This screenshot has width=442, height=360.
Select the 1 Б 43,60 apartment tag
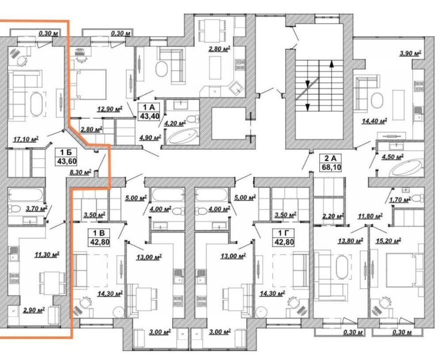(66, 157)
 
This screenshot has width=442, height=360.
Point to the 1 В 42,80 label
(99, 237)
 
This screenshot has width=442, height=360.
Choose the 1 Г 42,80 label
(284, 237)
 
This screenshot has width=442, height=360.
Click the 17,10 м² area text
(26, 139)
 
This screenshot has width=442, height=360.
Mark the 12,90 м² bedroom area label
(110, 109)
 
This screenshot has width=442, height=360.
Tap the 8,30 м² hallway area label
(80, 172)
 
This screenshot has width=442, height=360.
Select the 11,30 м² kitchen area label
(46, 254)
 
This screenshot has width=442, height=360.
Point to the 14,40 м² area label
(374, 121)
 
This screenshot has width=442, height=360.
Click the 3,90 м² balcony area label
(411, 54)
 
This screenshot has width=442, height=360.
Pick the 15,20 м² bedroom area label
(389, 241)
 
